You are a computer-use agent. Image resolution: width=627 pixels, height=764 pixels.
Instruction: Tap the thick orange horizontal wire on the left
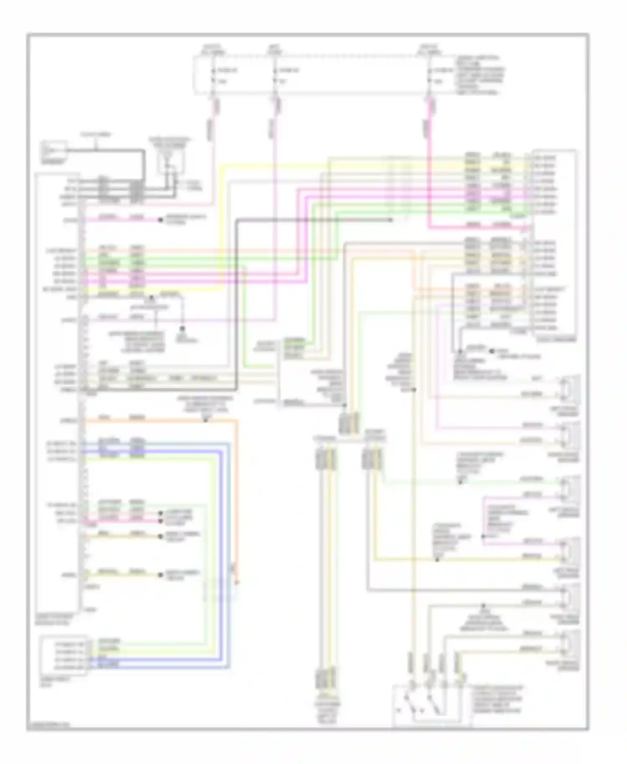tap(159, 421)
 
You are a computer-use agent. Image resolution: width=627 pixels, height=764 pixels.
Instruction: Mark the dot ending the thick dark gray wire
tap(390, 220)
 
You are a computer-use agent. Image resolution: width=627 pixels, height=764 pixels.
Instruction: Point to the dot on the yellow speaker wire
tap(437, 559)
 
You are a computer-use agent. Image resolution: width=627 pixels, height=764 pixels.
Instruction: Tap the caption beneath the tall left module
tap(54, 619)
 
